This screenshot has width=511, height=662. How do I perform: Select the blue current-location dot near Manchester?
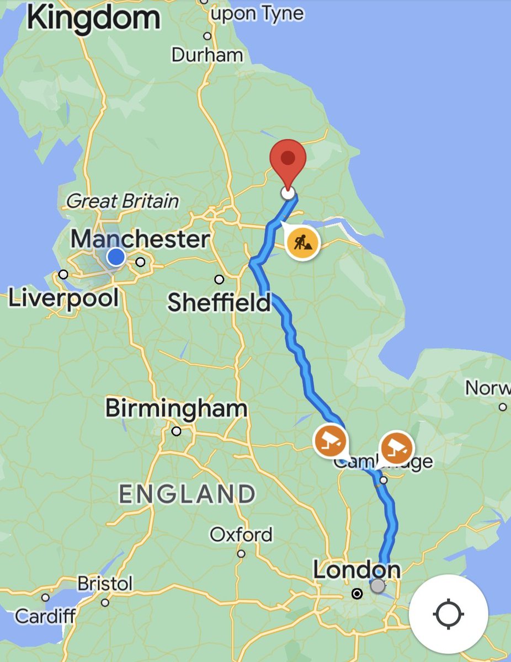pyautogui.click(x=115, y=257)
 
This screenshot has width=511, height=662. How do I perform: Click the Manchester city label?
pyautogui.click(x=140, y=239)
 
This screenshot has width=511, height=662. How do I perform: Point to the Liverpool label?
pyautogui.click(x=63, y=298)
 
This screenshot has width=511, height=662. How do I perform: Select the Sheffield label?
pyautogui.click(x=219, y=302)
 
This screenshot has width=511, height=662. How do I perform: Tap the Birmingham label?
pyautogui.click(x=176, y=409)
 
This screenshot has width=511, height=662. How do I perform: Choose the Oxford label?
pyautogui.click(x=241, y=535)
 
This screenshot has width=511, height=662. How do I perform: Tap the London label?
pyautogui.click(x=356, y=570)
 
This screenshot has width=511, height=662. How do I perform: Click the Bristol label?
pyautogui.click(x=105, y=583)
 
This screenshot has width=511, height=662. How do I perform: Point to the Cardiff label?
pyautogui.click(x=45, y=616)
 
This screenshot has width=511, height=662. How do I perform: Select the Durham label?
pyautogui.click(x=207, y=55)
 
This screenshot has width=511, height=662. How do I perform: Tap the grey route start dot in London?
pyautogui.click(x=377, y=586)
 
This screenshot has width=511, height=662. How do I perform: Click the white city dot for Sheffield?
pyautogui.click(x=219, y=279)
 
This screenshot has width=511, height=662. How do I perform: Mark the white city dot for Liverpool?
pyautogui.click(x=63, y=274)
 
